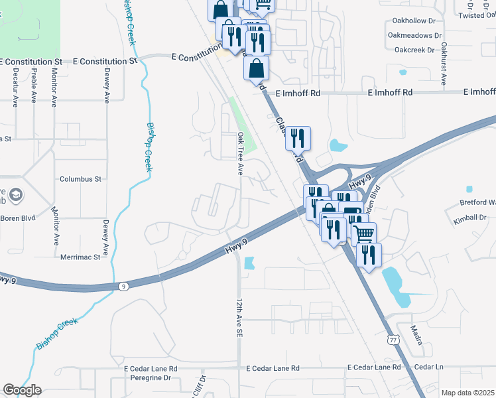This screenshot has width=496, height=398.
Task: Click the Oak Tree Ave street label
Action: pyautogui.click(x=240, y=153)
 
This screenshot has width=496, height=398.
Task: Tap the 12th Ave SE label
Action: pyautogui.click(x=239, y=319)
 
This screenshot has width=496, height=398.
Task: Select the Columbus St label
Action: pyautogui.click(x=80, y=179)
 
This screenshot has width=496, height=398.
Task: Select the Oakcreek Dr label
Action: pyautogui.click(x=414, y=50)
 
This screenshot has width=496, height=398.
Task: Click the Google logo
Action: pyautogui.click(x=22, y=390)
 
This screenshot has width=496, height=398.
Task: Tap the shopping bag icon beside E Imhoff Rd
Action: pyautogui.click(x=257, y=68)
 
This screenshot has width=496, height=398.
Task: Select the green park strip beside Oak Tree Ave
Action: pyautogui.click(x=239, y=119)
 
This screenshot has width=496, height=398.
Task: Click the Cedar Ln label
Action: pyautogui.click(x=428, y=367)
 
